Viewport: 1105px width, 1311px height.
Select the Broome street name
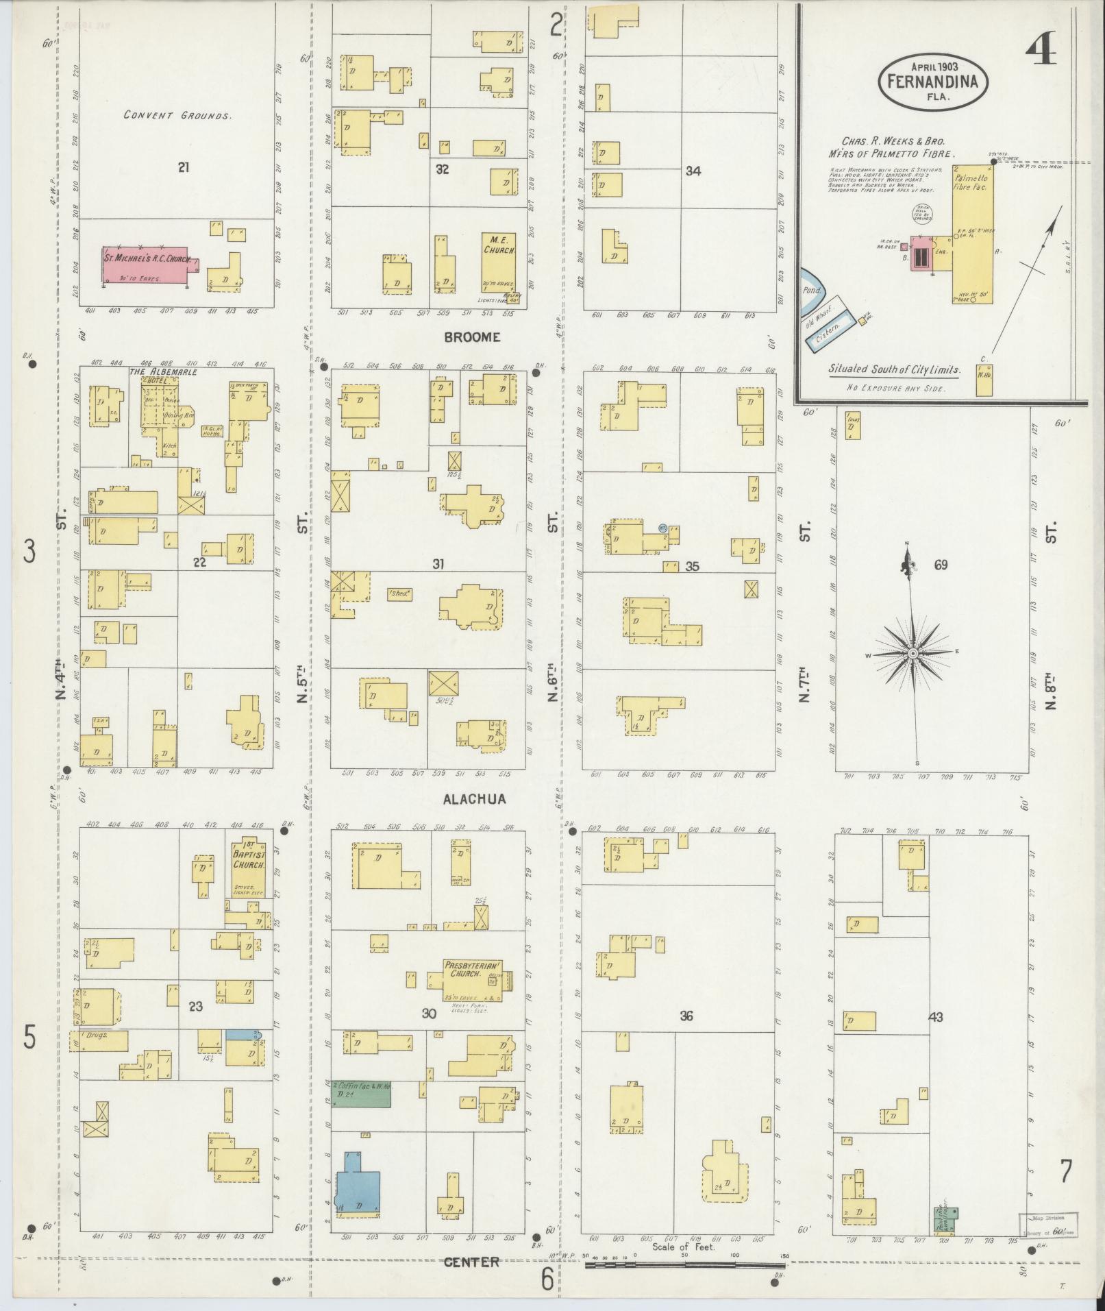click(x=472, y=337)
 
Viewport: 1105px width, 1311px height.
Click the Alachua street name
click(x=474, y=798)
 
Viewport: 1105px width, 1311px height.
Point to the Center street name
click(x=471, y=1262)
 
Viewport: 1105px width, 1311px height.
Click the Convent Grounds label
click(x=177, y=115)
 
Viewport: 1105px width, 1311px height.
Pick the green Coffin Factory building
click(x=361, y=1094)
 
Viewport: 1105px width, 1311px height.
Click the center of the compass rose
click(x=912, y=654)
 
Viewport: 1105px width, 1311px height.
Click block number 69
click(x=940, y=565)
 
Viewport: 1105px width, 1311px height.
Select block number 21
click(x=183, y=167)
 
